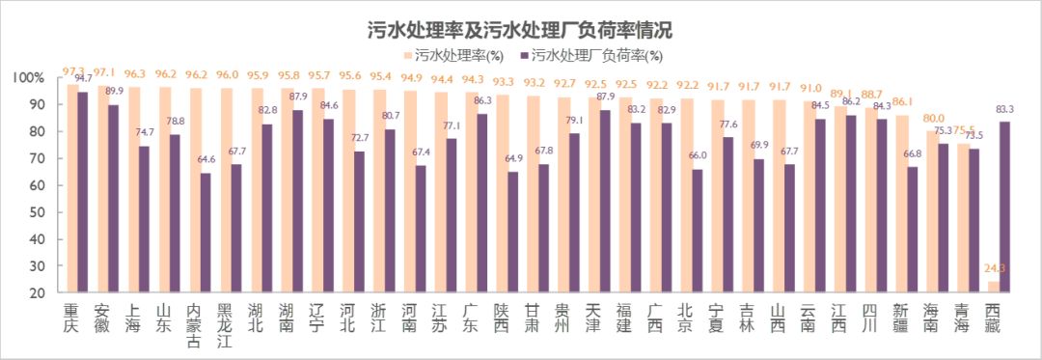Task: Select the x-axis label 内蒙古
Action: click(x=194, y=326)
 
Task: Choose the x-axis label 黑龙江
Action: click(x=225, y=326)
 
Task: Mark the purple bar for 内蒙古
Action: click(x=205, y=232)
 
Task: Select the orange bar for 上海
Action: click(x=133, y=189)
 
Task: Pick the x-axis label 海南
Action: click(x=932, y=318)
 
